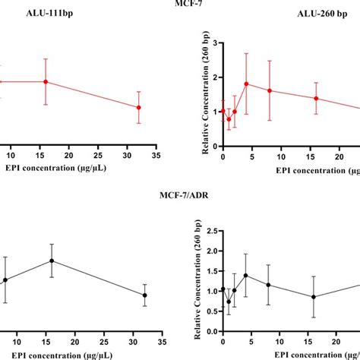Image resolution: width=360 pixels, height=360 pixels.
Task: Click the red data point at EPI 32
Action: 138,107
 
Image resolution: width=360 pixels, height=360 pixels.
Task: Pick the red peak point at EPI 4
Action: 246,84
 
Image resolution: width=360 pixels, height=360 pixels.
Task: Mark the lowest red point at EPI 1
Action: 229,119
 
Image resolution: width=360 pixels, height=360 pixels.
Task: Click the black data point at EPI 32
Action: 144,295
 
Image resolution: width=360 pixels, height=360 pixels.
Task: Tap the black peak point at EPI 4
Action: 246,275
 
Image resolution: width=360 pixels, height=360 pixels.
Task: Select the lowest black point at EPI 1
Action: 229,302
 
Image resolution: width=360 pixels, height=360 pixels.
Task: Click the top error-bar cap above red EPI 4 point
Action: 246,53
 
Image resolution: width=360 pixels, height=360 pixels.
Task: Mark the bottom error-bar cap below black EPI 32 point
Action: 144,306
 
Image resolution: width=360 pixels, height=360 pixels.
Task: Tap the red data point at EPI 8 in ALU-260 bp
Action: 269,90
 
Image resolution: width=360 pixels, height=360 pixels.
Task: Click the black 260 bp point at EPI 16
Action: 314,297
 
